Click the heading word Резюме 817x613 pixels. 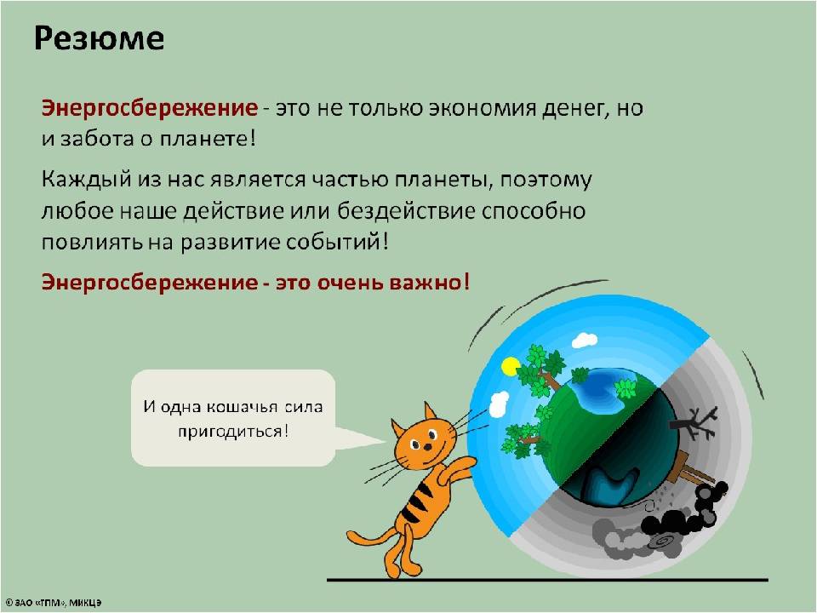[x=99, y=38]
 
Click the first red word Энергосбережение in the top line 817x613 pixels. [x=150, y=108]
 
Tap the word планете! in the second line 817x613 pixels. [x=208, y=139]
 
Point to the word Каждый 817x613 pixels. [x=87, y=180]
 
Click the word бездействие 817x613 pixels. [x=406, y=211]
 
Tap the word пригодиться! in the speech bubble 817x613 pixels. [x=233, y=432]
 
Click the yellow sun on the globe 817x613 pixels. [x=510, y=366]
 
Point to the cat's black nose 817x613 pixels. [x=426, y=447]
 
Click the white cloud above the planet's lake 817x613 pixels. [x=584, y=341]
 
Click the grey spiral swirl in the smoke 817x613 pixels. [x=662, y=541]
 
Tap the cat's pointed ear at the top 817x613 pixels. [x=429, y=412]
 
